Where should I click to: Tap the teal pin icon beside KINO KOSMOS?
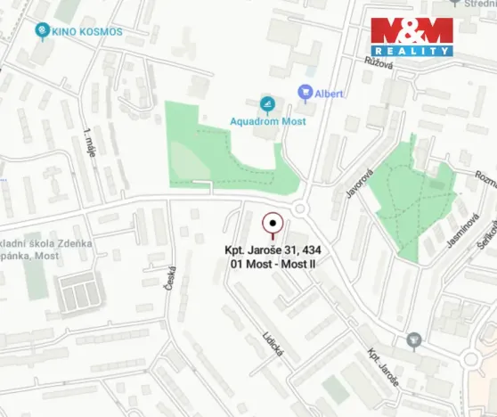pos(41,32)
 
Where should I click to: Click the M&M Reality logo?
pos(411,37)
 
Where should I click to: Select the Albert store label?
pos(329,93)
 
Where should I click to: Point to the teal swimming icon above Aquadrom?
pos(266,104)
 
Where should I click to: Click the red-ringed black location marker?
pos(273,223)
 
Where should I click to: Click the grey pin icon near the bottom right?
pos(413,339)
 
